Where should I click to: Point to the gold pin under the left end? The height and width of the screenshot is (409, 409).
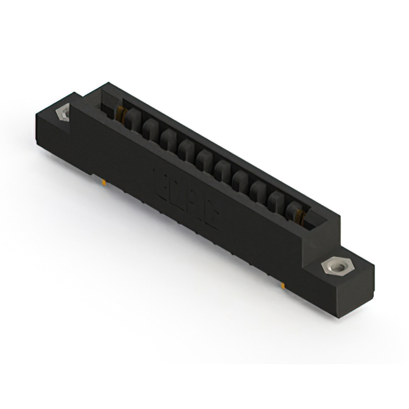[x=104, y=183]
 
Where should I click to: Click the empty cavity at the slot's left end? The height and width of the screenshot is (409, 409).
[x=111, y=102]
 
